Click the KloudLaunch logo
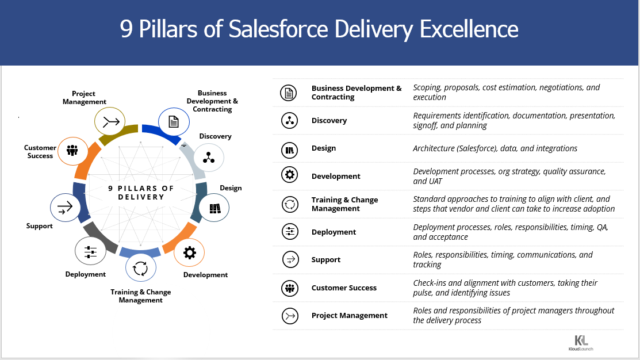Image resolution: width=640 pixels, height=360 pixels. coord(581,343)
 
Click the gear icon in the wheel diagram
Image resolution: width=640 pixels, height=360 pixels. coord(189,253)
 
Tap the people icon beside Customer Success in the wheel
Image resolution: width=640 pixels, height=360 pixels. coord(72,151)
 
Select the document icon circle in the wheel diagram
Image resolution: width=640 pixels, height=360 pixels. coord(174,122)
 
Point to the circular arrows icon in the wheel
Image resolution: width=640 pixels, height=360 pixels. coord(140,269)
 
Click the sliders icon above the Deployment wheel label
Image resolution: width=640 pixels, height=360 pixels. coord(90,251)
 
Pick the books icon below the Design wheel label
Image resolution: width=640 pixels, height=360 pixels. coord(214,208)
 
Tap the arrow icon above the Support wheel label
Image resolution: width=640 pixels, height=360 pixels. coord(65,208)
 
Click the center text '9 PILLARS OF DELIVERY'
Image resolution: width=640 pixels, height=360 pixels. coord(141,193)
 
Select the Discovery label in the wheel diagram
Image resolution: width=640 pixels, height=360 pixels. coord(215,136)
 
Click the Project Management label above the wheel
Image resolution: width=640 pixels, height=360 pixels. coord(84,98)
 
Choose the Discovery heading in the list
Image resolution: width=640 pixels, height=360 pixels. coord(329,120)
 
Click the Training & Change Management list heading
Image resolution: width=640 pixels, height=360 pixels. coord(344,204)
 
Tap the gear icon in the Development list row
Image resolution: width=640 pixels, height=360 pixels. coord(289,175)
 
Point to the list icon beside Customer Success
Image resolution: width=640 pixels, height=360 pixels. coord(290,288)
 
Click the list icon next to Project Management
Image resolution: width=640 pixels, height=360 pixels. coord(290,316)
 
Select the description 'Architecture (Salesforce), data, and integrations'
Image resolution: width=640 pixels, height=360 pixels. coord(495,148)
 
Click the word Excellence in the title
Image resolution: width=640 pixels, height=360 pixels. coord(469,29)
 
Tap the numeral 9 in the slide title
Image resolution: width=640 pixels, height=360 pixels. coord(126,29)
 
